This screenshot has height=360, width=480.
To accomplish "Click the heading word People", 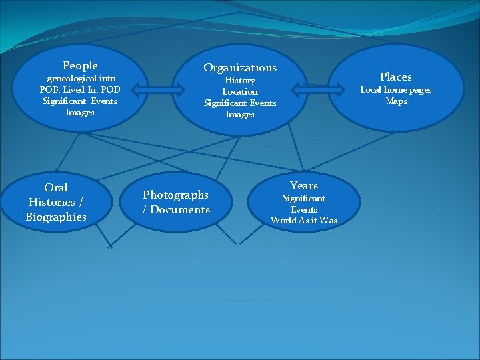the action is [x=80, y=65].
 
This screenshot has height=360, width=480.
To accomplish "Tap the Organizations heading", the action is [x=240, y=67].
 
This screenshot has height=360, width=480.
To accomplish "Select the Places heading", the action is [x=396, y=77].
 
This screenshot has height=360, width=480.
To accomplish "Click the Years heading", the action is [x=304, y=185].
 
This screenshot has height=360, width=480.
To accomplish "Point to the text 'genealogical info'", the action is [x=80, y=78].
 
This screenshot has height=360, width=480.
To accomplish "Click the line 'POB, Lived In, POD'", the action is [x=80, y=89].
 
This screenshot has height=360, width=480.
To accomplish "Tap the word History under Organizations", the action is [x=240, y=80].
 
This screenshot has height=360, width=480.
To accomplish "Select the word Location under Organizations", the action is [x=240, y=91].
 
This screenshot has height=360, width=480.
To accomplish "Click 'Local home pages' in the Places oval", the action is [x=396, y=89].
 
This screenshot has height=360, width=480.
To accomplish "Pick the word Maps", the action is [x=396, y=101].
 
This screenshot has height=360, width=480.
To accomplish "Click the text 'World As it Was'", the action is [x=304, y=220].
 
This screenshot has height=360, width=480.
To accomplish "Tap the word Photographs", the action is [x=176, y=195].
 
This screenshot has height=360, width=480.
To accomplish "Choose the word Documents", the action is [x=180, y=209].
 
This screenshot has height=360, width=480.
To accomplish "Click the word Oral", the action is [x=56, y=187].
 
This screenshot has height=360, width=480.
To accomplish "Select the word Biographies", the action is [x=56, y=217].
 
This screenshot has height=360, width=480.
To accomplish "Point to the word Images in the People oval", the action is [x=80, y=112].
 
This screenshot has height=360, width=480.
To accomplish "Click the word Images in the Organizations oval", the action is [x=240, y=114].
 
